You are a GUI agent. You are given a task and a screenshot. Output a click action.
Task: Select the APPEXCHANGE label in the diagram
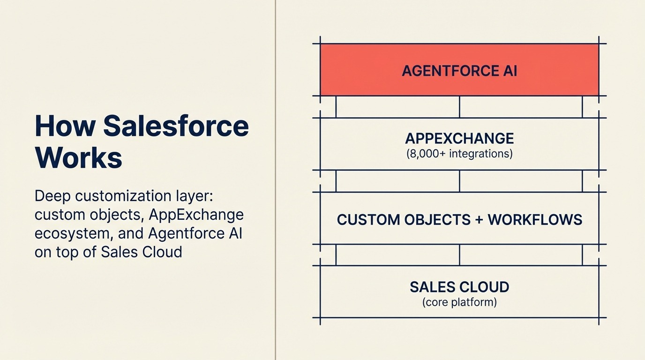[459, 138]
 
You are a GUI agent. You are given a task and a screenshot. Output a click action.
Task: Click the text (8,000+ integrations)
[459, 153]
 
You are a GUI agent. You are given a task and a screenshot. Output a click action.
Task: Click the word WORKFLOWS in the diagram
[535, 219]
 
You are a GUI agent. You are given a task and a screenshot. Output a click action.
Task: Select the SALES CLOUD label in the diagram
[459, 287]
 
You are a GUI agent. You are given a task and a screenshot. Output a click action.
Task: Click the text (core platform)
[459, 302]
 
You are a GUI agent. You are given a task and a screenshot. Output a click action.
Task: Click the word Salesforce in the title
[176, 126]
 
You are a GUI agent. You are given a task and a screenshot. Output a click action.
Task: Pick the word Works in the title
[78, 158]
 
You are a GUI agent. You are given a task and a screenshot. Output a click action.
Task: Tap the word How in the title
[65, 126]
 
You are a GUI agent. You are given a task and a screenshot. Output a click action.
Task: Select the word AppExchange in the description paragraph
[196, 214]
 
